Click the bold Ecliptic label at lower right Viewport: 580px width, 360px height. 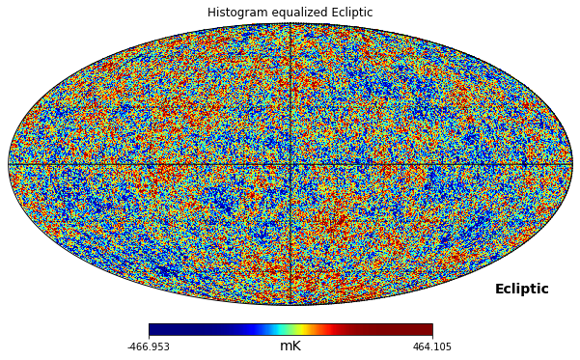point(521,290)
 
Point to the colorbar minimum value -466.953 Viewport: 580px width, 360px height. point(149,347)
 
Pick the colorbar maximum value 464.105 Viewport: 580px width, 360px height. point(432,347)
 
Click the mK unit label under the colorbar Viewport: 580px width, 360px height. point(290,346)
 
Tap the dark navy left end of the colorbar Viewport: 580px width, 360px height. point(159,329)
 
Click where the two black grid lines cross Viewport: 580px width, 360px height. point(290,164)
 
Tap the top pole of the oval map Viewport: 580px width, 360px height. point(290,23)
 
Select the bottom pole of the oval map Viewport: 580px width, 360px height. point(290,305)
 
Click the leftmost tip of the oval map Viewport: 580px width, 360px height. point(9,164)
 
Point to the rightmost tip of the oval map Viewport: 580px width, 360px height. point(572,164)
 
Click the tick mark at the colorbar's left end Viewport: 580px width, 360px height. point(149,337)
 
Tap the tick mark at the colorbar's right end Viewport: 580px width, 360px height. point(432,337)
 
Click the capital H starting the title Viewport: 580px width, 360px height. point(211,13)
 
